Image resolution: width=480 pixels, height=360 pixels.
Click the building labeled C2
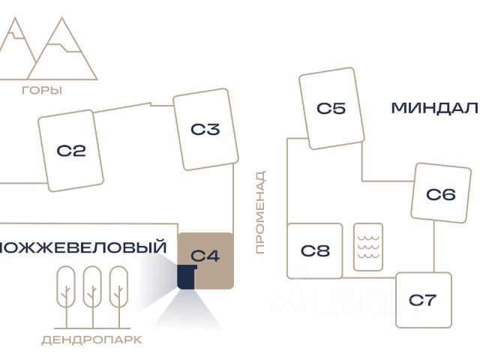click(x=71, y=151)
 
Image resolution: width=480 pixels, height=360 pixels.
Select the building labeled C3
click(x=205, y=130)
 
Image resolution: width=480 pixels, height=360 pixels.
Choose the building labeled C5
click(x=331, y=108)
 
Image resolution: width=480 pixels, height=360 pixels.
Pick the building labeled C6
click(x=440, y=194)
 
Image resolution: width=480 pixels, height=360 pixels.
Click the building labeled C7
click(x=423, y=300)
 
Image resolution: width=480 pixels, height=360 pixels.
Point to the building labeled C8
click(x=315, y=250)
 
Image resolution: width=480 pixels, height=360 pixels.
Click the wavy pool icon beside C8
click(x=367, y=247)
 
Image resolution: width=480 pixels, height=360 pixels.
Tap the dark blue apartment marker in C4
click(x=186, y=277)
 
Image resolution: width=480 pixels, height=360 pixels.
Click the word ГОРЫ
click(x=42, y=90)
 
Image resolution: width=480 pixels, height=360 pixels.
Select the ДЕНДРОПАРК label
click(x=91, y=340)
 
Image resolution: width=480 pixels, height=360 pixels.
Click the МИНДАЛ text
click(x=434, y=108)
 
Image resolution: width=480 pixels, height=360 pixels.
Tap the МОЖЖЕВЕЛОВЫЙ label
click(x=83, y=247)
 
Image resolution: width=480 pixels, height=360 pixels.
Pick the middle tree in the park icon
click(x=92, y=286)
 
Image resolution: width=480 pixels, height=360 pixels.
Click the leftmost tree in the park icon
click(x=66, y=286)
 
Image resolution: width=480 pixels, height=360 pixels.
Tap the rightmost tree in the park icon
click(x=118, y=286)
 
